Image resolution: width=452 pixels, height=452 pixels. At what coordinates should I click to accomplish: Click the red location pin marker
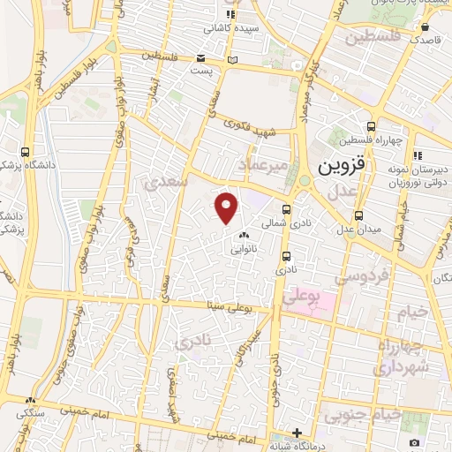point(227,207)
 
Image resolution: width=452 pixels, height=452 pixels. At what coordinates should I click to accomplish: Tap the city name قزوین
point(338,166)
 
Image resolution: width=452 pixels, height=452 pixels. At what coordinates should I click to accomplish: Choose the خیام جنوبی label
point(362,413)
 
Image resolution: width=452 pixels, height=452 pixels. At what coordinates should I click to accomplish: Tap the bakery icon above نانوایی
point(243,236)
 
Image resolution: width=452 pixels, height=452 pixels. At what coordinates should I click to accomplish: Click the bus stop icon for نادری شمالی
point(285,209)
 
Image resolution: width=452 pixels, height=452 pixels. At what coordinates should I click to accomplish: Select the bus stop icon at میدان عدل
point(359,215)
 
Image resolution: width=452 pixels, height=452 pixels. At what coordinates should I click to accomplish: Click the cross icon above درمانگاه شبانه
point(298,433)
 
